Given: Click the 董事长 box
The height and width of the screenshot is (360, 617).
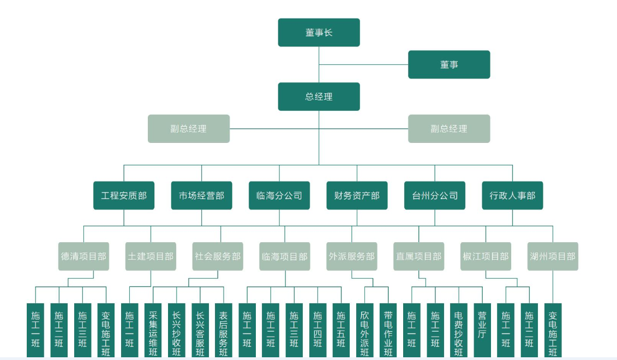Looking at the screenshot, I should point(319,33).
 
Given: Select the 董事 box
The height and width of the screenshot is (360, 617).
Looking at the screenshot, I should point(449,64).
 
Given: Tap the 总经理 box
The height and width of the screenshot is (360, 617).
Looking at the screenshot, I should point(319,97).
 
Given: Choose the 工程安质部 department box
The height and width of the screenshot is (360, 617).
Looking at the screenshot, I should point(124,195).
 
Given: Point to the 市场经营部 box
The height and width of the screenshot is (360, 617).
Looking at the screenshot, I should point(201,195).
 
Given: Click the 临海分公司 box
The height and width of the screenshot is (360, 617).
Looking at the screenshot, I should point(279,195).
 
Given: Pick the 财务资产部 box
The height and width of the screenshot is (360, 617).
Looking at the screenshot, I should point(357,195).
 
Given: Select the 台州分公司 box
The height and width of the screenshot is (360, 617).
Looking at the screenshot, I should point(435,195).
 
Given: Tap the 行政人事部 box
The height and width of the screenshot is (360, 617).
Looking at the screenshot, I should point(512,195).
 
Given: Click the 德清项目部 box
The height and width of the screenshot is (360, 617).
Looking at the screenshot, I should point(83,256).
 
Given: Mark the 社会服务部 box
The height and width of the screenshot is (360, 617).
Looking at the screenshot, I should point(217,256).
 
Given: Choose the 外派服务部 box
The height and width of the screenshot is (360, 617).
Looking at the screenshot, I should point(352,256).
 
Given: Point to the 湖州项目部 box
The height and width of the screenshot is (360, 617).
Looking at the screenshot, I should point(553,256).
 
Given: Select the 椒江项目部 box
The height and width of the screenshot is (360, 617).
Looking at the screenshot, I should point(486,256).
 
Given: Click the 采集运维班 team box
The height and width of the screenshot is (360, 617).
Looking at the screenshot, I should point(153,331).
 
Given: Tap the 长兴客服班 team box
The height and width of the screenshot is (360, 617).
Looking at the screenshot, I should point(200,331).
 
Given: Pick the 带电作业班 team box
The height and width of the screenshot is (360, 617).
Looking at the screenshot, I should point(388,331).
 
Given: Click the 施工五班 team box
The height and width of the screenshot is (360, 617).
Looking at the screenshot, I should point(341,331).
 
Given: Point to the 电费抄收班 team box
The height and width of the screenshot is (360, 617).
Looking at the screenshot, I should point(459,331).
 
